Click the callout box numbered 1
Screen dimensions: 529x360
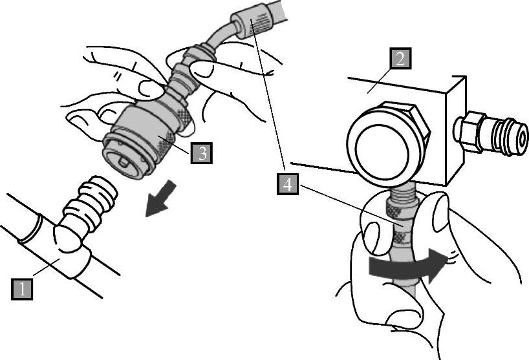22,289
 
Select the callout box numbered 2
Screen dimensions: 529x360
400,59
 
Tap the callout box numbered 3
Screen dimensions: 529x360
201,153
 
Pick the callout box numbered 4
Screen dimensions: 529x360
288,184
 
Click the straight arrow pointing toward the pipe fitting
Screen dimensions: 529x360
161,198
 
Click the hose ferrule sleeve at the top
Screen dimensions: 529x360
251,23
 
